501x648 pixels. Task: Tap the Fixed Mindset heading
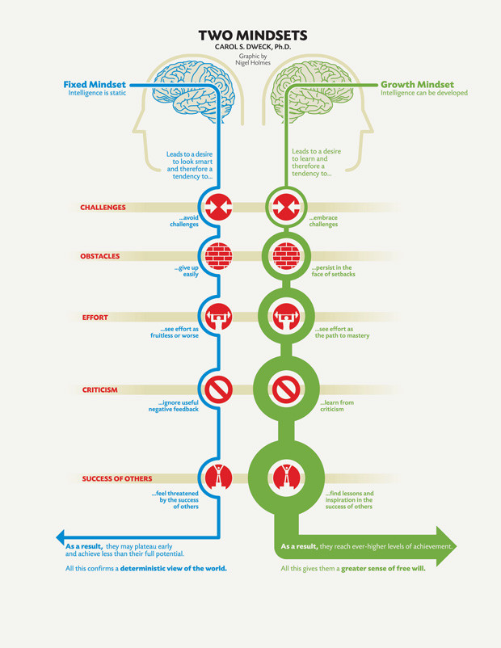pyautogui.click(x=95, y=84)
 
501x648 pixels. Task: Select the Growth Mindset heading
pyautogui.click(x=417, y=84)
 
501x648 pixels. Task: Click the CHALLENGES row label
pyautogui.click(x=103, y=208)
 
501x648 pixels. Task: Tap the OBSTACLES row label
pyautogui.click(x=99, y=256)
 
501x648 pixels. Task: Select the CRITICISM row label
pyautogui.click(x=99, y=390)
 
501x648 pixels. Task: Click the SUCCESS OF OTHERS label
pyautogui.click(x=117, y=479)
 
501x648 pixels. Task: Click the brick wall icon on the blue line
pyautogui.click(x=217, y=256)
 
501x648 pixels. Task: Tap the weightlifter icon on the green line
pyautogui.click(x=284, y=316)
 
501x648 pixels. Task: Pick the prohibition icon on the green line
pyautogui.click(x=284, y=390)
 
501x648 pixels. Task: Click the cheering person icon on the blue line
pyautogui.click(x=217, y=477)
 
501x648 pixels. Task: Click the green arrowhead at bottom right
pyautogui.click(x=447, y=545)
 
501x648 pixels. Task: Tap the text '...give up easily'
pyautogui.click(x=187, y=271)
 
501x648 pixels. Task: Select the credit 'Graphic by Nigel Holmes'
pyautogui.click(x=253, y=59)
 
